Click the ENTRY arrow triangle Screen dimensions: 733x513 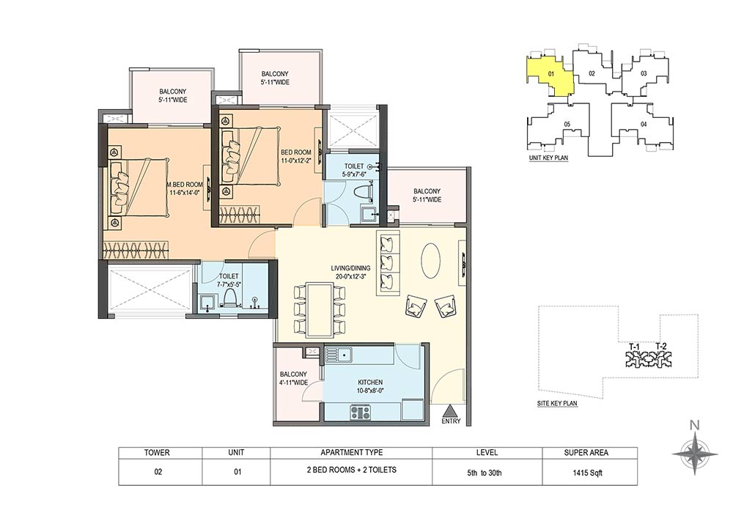[x=450, y=411]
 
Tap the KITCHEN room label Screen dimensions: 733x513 [x=370, y=382]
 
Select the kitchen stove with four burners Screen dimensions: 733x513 [x=361, y=413]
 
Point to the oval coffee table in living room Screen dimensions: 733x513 [x=431, y=261]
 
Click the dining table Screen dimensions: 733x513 [x=320, y=309]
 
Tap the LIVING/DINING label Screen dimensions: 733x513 [x=350, y=268]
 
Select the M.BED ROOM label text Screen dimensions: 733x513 [x=185, y=185]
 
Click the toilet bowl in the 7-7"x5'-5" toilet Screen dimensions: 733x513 [x=230, y=298]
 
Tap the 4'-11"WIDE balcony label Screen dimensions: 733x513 [x=294, y=378]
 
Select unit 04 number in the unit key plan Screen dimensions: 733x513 [x=644, y=125]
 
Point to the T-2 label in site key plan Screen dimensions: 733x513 [x=660, y=347]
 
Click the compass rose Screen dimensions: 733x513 [x=695, y=454]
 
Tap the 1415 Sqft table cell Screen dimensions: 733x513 [x=589, y=473]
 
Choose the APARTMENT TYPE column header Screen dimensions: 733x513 [x=352, y=453]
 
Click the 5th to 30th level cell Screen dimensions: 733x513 [x=485, y=473]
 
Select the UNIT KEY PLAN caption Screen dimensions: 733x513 [x=548, y=158]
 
